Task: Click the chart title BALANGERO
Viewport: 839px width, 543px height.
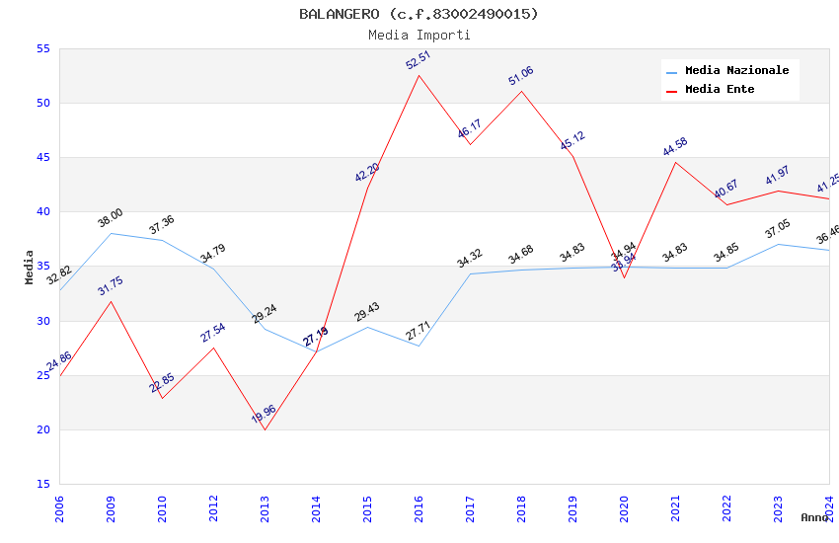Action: pyautogui.click(x=419, y=14)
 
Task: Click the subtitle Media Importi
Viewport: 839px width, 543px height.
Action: pyautogui.click(x=419, y=35)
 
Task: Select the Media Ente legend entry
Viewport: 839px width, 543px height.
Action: pyautogui.click(x=720, y=90)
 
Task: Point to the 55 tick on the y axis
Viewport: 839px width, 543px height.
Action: pyautogui.click(x=42, y=48)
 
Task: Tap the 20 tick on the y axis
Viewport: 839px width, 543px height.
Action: pyautogui.click(x=42, y=429)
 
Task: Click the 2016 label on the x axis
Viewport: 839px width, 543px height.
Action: pyautogui.click(x=419, y=509)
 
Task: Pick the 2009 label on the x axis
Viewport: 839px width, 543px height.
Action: pyautogui.click(x=112, y=509)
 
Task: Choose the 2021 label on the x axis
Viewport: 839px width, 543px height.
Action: pyautogui.click(x=676, y=509)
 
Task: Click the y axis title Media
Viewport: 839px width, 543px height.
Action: pyautogui.click(x=30, y=267)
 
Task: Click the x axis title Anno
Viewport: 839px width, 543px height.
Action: pyautogui.click(x=814, y=517)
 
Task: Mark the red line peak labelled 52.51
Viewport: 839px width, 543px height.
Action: pyautogui.click(x=419, y=76)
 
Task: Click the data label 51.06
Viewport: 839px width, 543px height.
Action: pyautogui.click(x=520, y=76)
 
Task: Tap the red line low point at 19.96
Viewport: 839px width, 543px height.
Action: pyautogui.click(x=265, y=429)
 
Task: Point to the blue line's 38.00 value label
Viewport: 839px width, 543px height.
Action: pyautogui.click(x=110, y=218)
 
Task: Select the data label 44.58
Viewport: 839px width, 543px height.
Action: pyautogui.click(x=675, y=147)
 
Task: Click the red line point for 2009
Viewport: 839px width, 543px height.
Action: pyautogui.click(x=111, y=301)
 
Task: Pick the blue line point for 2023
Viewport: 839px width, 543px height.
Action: pyautogui.click(x=778, y=244)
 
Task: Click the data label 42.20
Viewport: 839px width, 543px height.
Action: pyautogui.click(x=367, y=173)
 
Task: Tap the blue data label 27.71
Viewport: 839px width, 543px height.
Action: pyautogui.click(x=419, y=331)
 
